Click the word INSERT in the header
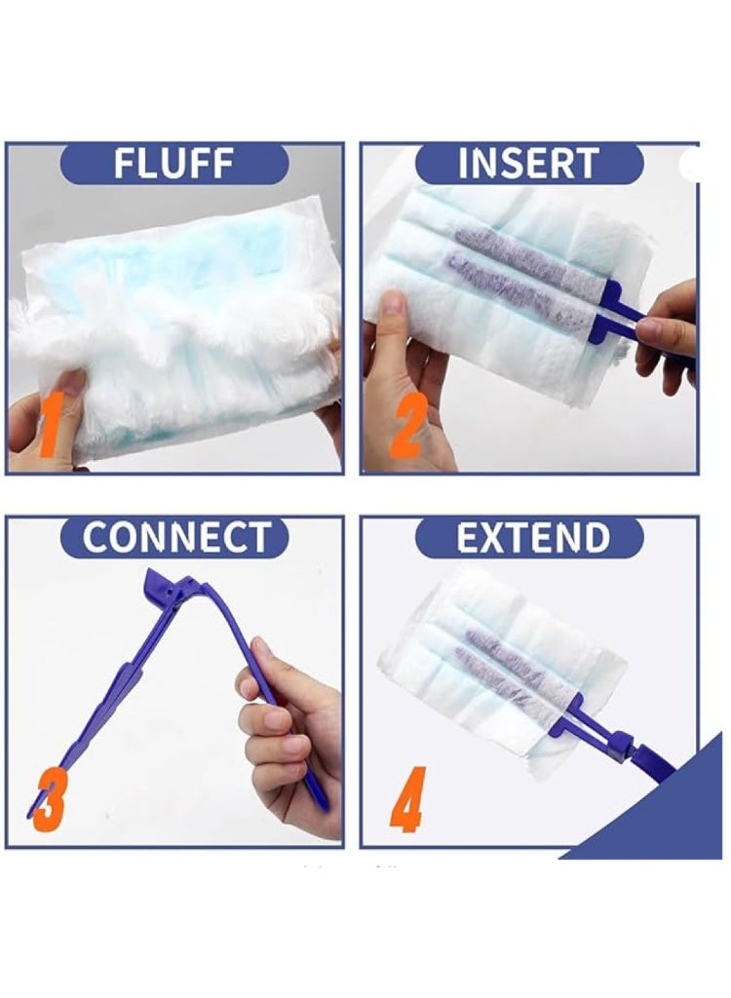(529, 164)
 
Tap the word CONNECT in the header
(175, 537)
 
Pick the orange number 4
(408, 799)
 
